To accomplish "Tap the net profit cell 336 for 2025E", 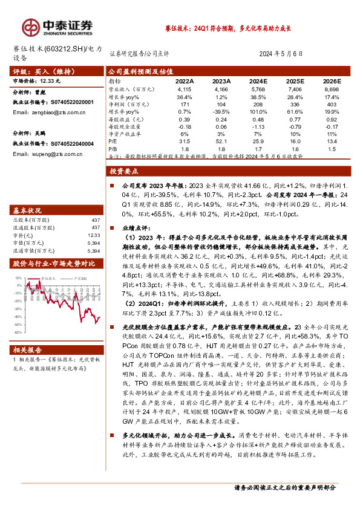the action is [293, 104].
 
